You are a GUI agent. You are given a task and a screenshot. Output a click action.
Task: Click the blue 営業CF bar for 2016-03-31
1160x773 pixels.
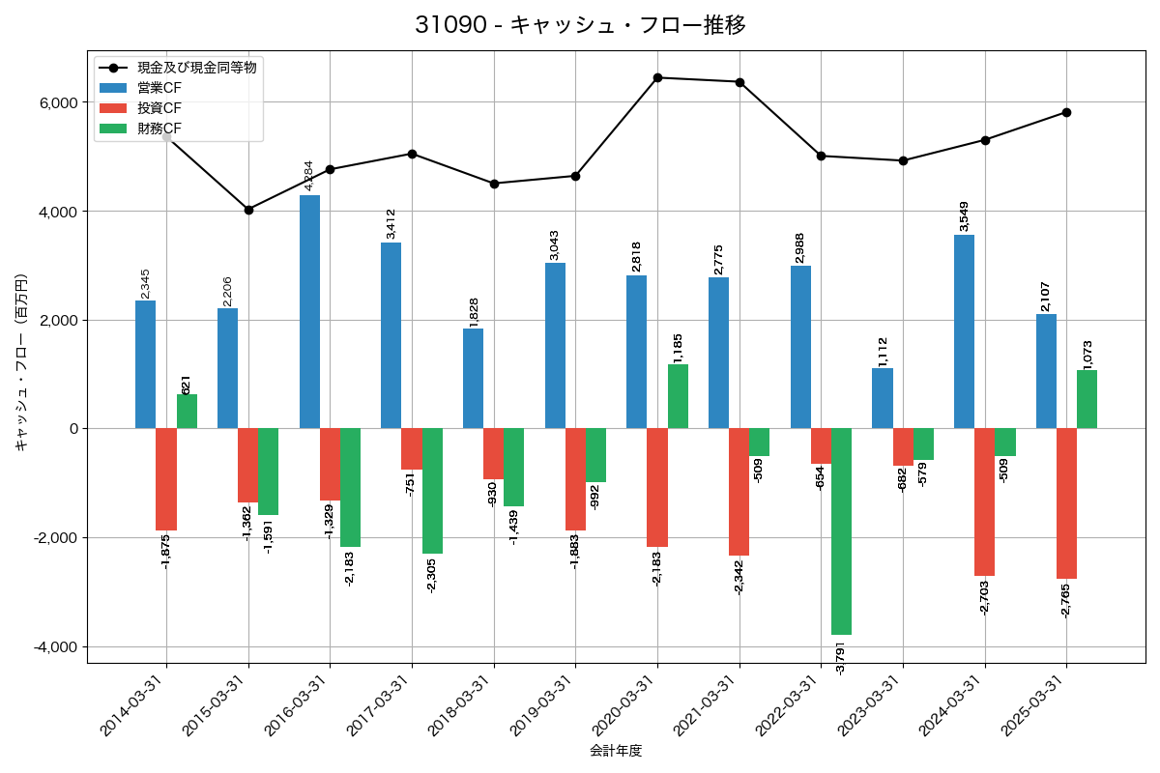click(309, 312)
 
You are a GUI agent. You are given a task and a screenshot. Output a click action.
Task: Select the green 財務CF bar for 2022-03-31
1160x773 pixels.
click(841, 531)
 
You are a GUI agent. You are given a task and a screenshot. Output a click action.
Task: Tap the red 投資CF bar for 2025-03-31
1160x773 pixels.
click(1066, 503)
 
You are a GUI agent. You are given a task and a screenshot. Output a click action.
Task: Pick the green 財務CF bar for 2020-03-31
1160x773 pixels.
click(678, 396)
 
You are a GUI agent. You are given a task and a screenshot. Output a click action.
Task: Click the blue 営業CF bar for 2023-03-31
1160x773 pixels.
click(883, 398)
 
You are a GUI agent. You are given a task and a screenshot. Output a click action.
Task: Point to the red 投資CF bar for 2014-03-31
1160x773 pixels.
click(166, 479)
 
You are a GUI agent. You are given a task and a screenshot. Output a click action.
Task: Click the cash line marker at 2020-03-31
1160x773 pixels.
click(657, 77)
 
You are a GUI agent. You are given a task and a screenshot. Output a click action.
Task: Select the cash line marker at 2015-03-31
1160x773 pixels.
click(248, 210)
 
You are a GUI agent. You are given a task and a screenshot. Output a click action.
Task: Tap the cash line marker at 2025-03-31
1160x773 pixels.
click(1066, 112)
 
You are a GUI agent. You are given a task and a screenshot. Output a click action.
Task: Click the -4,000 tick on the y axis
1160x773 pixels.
click(56, 646)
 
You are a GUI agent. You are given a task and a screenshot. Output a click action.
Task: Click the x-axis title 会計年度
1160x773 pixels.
click(616, 751)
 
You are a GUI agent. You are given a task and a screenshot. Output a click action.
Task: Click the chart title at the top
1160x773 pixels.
click(580, 25)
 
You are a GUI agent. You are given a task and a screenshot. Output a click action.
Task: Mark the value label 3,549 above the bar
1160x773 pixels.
click(964, 216)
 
